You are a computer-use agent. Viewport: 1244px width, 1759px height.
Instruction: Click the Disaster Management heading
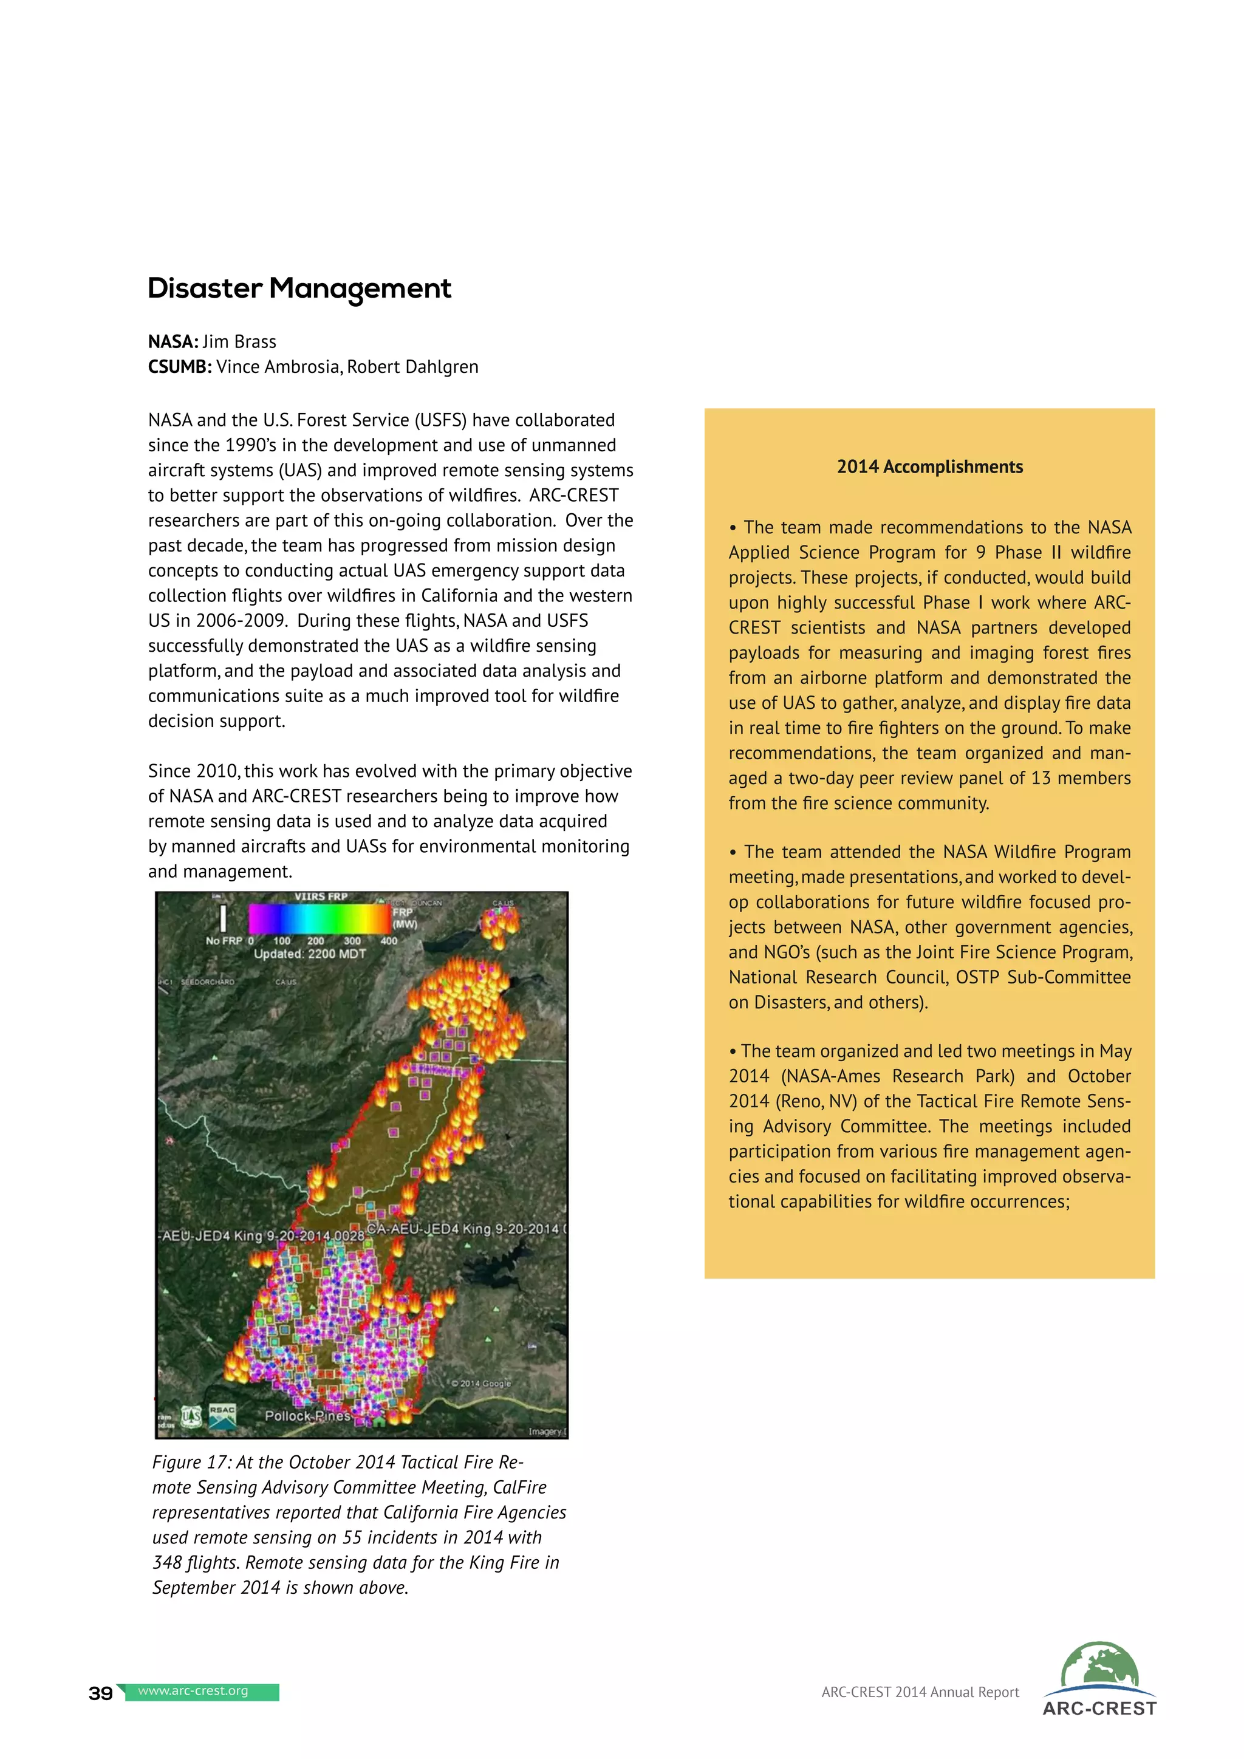click(x=299, y=289)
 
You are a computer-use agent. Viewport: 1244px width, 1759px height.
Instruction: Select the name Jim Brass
click(x=239, y=342)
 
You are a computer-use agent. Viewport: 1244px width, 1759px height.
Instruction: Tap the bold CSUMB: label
click(x=179, y=367)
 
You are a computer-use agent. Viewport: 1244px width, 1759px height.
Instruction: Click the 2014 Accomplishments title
click(x=929, y=466)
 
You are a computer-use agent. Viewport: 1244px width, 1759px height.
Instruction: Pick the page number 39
click(x=100, y=1693)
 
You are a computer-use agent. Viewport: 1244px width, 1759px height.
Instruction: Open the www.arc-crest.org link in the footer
click(x=193, y=1691)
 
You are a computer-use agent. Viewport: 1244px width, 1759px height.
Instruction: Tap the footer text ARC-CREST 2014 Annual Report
click(x=920, y=1692)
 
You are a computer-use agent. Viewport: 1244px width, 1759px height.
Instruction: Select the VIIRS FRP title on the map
click(x=321, y=897)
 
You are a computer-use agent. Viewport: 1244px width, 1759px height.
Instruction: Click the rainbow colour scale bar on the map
click(x=320, y=918)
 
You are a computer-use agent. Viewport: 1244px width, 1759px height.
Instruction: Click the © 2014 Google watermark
click(x=481, y=1383)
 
